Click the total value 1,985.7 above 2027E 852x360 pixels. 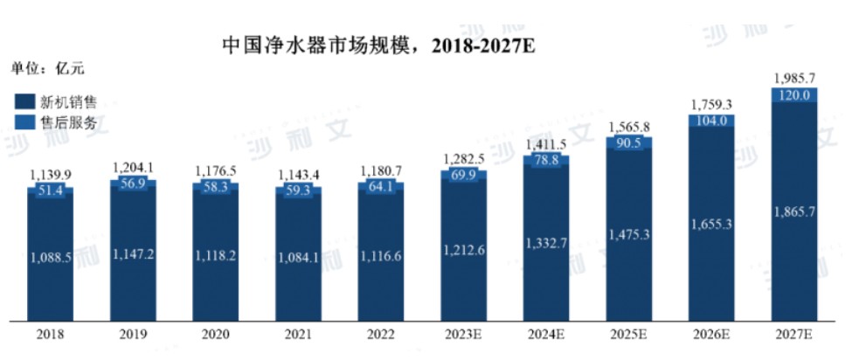tap(795, 78)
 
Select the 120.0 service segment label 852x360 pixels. tap(794, 94)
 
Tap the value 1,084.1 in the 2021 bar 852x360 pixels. tap(298, 257)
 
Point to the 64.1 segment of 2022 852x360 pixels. tap(381, 185)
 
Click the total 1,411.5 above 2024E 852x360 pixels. tap(546, 144)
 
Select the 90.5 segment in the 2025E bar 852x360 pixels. tap(629, 142)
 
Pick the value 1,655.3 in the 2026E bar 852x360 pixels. tap(712, 225)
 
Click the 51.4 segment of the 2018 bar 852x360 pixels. tap(51, 190)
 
